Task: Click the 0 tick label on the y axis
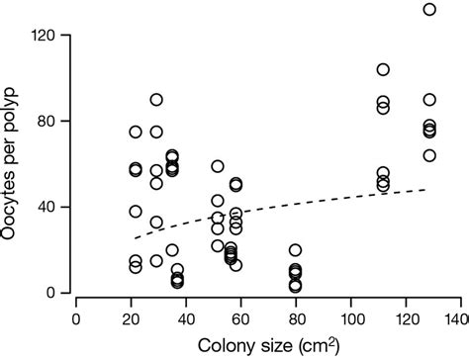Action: (x=61, y=293)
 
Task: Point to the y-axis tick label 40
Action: (x=57, y=207)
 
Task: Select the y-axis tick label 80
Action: (x=57, y=121)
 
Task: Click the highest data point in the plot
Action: (x=429, y=10)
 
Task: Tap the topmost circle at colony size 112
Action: (x=383, y=69)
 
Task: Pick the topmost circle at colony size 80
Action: (x=295, y=250)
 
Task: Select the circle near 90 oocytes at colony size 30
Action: (x=156, y=100)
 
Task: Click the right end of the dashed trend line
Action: (x=426, y=189)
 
